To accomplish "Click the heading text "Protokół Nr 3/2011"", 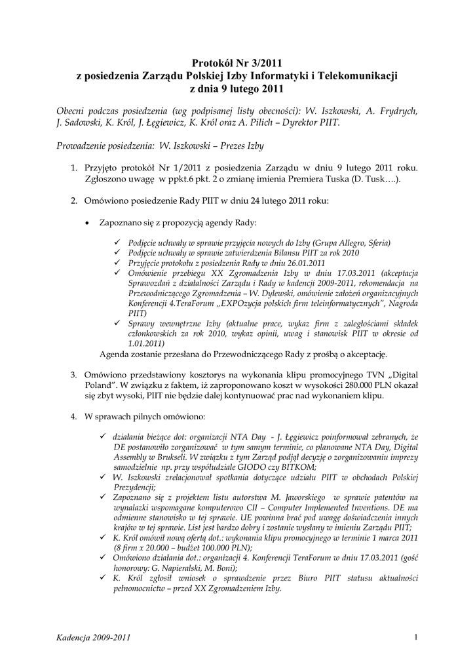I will click(237, 64).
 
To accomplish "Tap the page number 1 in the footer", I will click(416, 636).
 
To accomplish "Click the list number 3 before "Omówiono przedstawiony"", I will click(74, 374).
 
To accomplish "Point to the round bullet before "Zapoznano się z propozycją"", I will click(88, 223).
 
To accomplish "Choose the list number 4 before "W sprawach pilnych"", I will click(74, 416).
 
